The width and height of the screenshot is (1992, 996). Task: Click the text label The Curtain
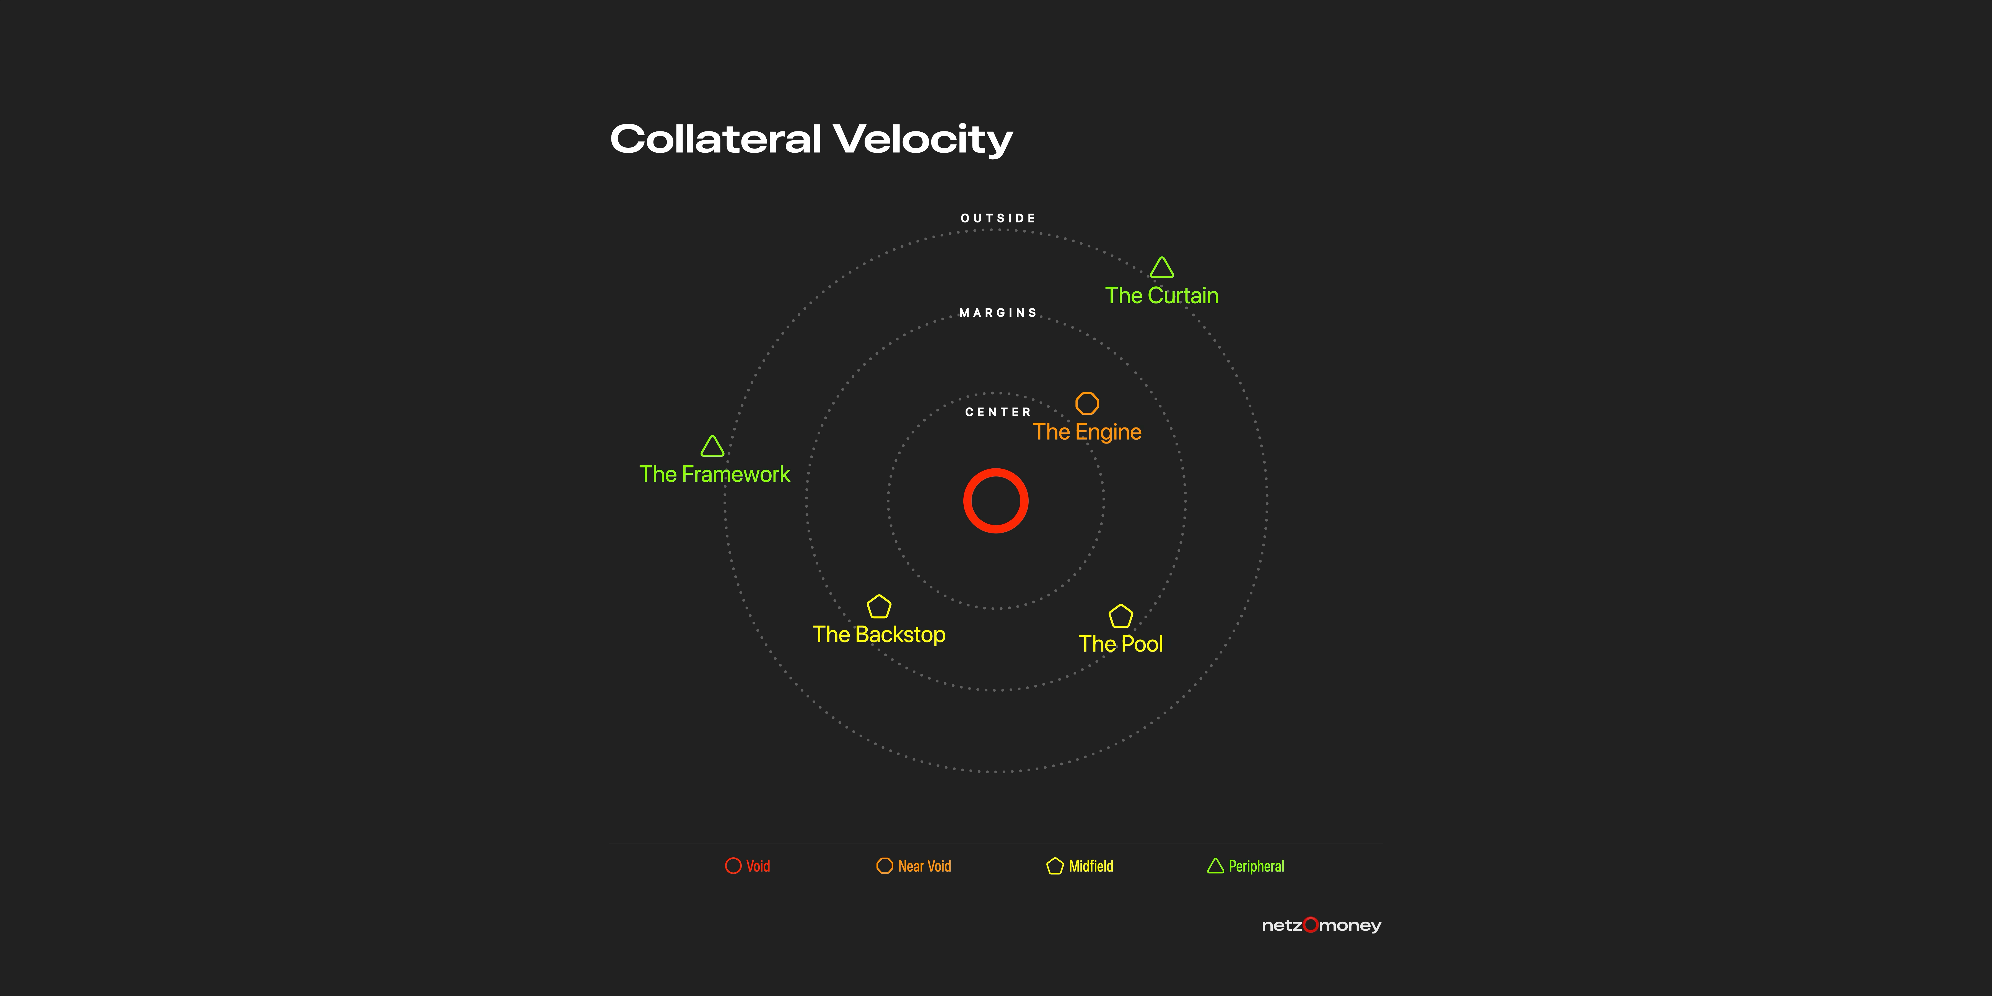pyautogui.click(x=1161, y=295)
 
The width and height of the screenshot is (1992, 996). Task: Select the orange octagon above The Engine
pyautogui.click(x=1077, y=404)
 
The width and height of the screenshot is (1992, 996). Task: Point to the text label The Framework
pyautogui.click(x=715, y=474)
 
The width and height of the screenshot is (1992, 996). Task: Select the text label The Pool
pyautogui.click(x=1120, y=644)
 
